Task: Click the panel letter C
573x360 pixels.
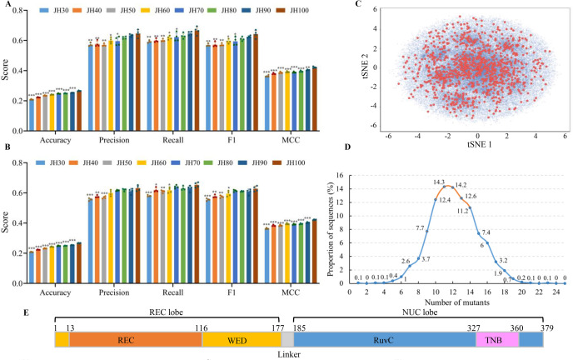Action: click(x=357, y=5)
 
